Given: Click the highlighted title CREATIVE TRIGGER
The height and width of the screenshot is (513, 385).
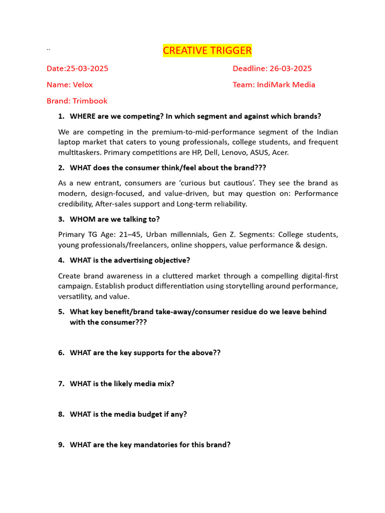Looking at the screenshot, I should [207, 51].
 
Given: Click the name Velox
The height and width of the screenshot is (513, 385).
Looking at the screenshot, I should [82, 85].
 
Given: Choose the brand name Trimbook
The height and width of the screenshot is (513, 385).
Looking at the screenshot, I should [90, 101].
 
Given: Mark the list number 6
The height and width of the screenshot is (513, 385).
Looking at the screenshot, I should [61, 353].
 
